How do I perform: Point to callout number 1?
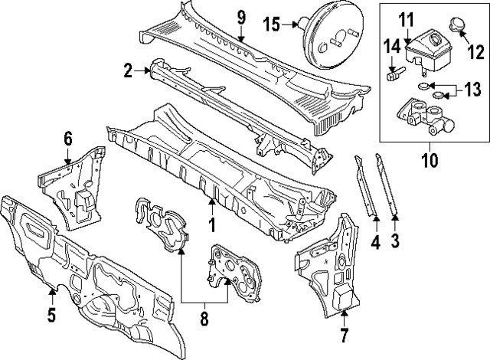click(212, 226)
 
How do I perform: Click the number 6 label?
click(68, 138)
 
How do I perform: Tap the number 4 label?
click(375, 244)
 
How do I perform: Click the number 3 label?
click(396, 244)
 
